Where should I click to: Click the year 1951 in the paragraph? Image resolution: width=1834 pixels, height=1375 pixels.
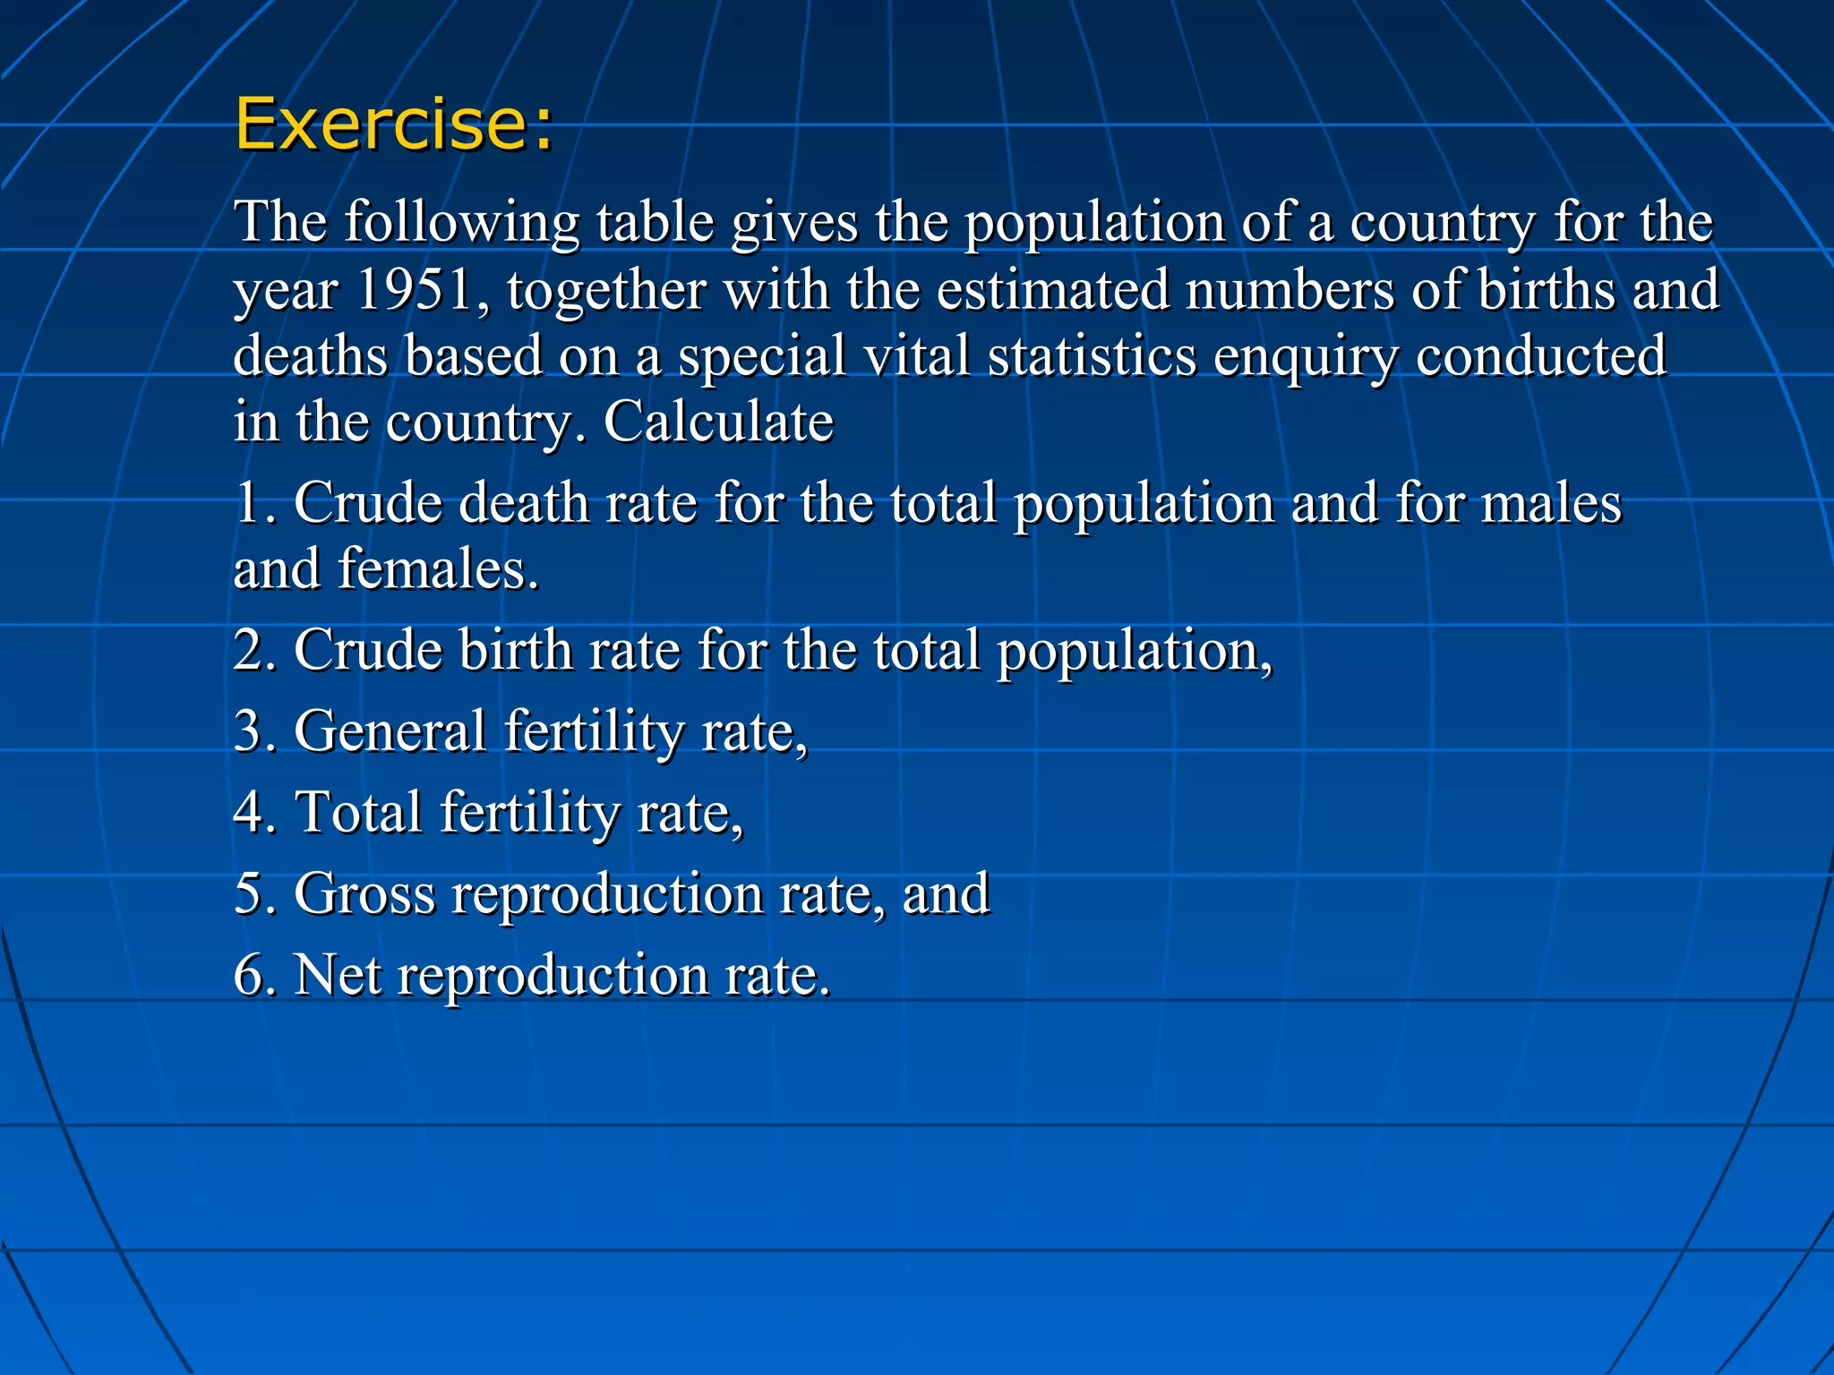[x=414, y=289]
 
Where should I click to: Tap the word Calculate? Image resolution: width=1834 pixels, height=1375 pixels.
[x=718, y=421]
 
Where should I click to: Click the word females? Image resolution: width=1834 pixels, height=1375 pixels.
[x=438, y=569]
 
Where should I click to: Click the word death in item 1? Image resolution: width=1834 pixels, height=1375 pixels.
[x=523, y=502]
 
